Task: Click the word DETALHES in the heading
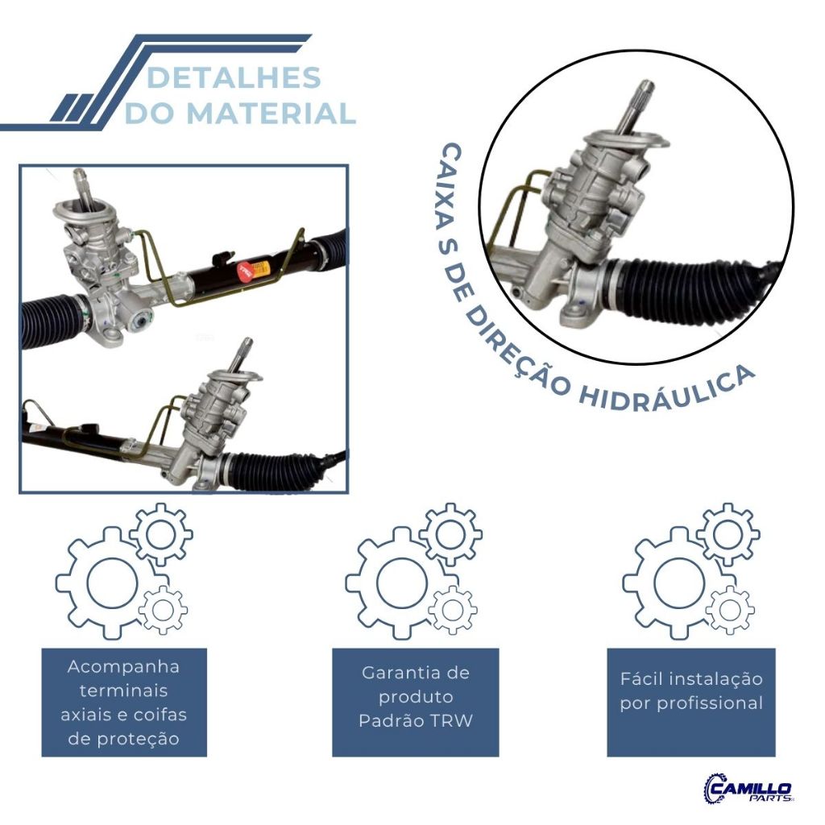(234, 78)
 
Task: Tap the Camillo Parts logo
(748, 788)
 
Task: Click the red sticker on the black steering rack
(244, 269)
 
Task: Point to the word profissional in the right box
(709, 703)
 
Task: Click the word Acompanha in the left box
(124, 667)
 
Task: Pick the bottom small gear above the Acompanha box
(164, 609)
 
